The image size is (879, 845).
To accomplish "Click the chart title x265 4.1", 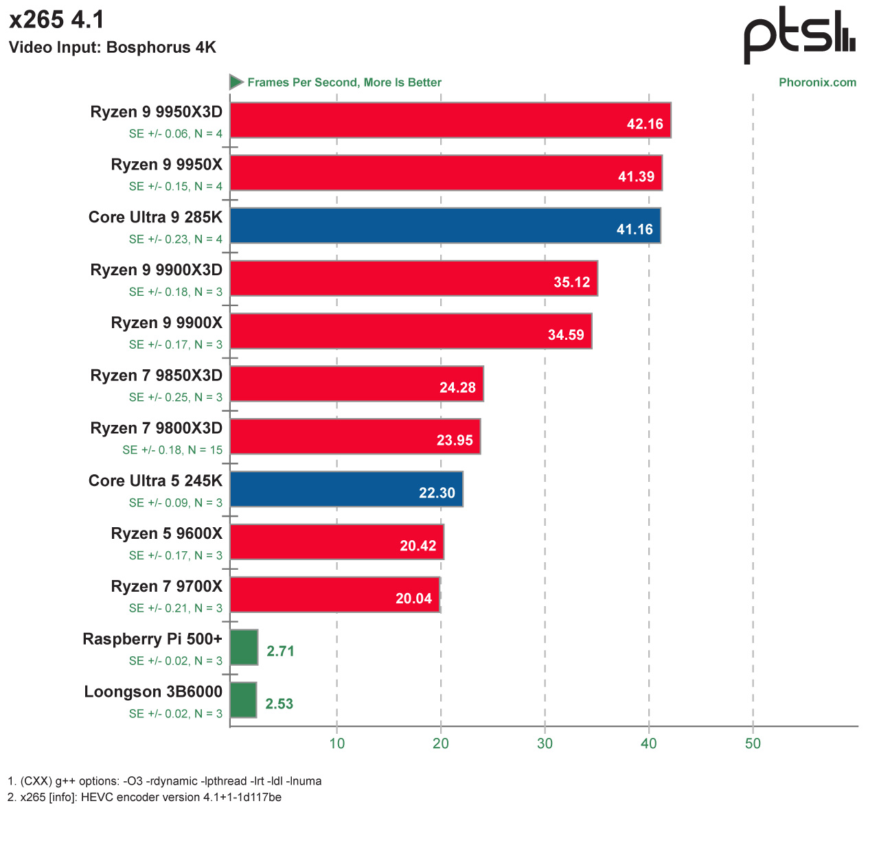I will [57, 20].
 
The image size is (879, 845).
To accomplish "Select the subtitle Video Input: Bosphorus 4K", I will [113, 47].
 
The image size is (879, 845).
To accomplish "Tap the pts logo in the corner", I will [799, 35].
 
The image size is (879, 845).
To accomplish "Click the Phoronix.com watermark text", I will [817, 82].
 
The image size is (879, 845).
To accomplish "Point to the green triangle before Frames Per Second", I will [236, 82].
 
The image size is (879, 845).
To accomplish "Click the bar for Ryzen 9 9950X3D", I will [450, 121].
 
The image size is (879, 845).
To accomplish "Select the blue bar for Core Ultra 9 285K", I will [445, 226].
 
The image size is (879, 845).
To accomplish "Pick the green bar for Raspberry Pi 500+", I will [244, 647].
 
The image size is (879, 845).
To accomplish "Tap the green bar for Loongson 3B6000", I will [243, 700].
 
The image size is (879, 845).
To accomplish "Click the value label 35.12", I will [571, 282].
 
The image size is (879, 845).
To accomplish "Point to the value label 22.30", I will [437, 493].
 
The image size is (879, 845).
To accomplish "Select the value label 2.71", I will [280, 651].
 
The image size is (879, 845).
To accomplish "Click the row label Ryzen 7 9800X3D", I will [157, 428].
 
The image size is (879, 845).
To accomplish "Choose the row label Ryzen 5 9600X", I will [167, 534].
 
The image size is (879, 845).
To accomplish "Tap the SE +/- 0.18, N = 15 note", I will [172, 450].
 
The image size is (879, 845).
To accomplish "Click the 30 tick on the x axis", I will [545, 743].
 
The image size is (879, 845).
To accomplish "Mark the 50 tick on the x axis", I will [753, 743].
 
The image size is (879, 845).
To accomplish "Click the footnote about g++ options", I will [165, 781].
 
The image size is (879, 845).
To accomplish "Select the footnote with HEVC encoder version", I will [145, 798].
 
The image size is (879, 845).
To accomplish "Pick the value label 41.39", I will [636, 176].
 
